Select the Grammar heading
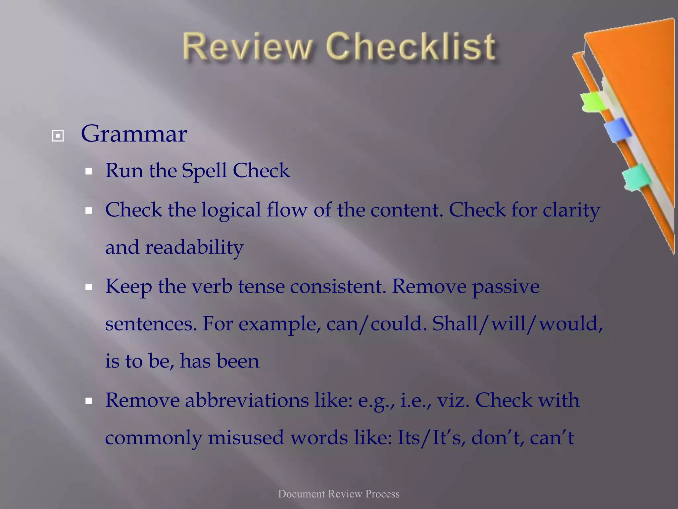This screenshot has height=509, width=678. [134, 134]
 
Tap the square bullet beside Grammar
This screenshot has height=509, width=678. [58, 136]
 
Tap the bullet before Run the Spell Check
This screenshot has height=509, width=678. [88, 172]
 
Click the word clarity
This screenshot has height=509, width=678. [571, 211]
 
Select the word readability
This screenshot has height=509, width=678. [194, 248]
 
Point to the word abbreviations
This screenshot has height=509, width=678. [247, 400]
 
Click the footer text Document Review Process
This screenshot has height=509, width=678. [339, 494]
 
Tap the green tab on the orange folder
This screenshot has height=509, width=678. [593, 102]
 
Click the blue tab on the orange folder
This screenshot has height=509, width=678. [617, 130]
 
